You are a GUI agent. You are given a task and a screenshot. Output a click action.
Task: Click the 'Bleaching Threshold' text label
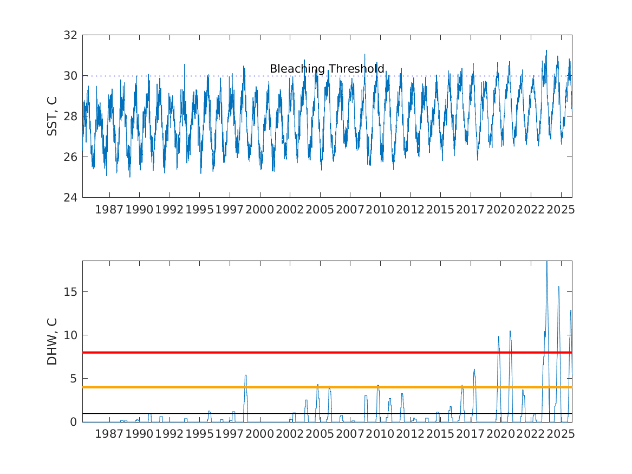pyautogui.click(x=327, y=69)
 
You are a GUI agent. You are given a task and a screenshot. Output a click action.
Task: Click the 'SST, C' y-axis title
pyautogui.click(x=53, y=116)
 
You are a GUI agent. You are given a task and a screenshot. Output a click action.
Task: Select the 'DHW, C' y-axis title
pyautogui.click(x=53, y=341)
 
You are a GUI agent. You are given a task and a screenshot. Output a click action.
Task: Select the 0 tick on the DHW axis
pyautogui.click(x=75, y=422)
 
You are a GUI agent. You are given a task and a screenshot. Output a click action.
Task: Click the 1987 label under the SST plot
pyautogui.click(x=109, y=210)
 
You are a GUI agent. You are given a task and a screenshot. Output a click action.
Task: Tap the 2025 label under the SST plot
pyautogui.click(x=560, y=210)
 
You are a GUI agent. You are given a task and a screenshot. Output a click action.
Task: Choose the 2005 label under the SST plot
pyautogui.click(x=320, y=210)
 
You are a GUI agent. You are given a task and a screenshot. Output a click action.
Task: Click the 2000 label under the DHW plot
pyautogui.click(x=259, y=434)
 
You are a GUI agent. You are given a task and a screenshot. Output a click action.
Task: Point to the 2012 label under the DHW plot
pyautogui.click(x=410, y=434)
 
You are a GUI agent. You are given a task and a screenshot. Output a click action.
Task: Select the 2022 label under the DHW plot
pyautogui.click(x=530, y=434)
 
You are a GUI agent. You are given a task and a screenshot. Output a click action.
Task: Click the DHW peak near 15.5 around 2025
pyautogui.click(x=558, y=287)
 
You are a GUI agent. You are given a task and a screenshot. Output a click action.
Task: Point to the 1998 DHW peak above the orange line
pyautogui.click(x=245, y=375)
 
